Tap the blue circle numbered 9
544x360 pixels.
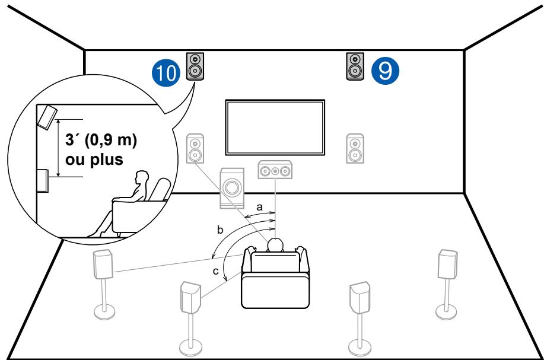pyautogui.click(x=385, y=70)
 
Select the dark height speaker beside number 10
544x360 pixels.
pyautogui.click(x=195, y=66)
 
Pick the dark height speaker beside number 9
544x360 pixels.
pyautogui.click(x=355, y=66)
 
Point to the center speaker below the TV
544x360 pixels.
pyautogui.click(x=275, y=171)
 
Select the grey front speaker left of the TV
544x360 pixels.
pyautogui.click(x=195, y=149)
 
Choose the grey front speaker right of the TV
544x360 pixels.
pyautogui.click(x=355, y=149)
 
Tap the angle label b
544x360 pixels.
pyautogui.click(x=221, y=229)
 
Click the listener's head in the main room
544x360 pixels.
pyautogui.click(x=275, y=245)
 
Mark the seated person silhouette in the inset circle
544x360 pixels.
pyautogui.click(x=128, y=202)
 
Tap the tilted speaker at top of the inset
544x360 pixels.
pyautogui.click(x=47, y=116)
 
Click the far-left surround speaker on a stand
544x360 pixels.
pyautogui.click(x=104, y=265)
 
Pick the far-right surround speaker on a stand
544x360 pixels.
pyautogui.click(x=447, y=264)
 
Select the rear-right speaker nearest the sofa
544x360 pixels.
pyautogui.click(x=358, y=295)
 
